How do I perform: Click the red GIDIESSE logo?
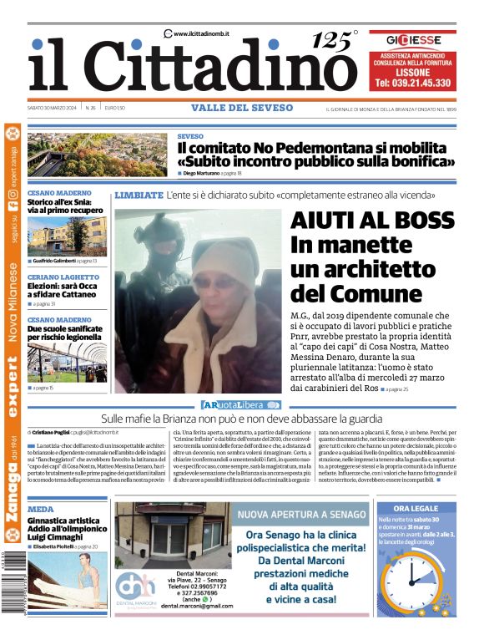[x=412, y=39]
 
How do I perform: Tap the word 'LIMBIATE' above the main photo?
[x=139, y=195]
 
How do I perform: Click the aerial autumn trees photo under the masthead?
[x=97, y=155]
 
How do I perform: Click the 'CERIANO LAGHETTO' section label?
[x=63, y=277]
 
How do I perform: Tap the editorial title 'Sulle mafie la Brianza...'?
[x=242, y=418]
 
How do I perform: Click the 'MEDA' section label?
[x=40, y=509]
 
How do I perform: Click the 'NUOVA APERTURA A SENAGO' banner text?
[x=303, y=515]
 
